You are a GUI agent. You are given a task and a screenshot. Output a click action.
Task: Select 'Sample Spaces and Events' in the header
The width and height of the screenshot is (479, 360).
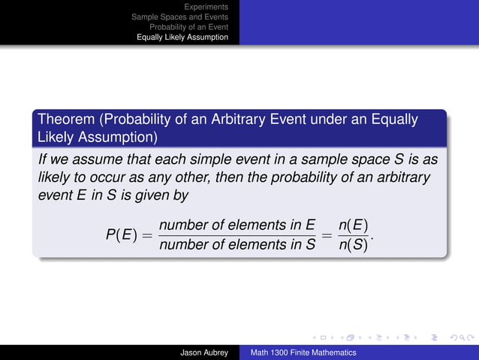179,17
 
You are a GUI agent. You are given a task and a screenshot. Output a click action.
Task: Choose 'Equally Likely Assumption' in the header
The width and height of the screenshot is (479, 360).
182,36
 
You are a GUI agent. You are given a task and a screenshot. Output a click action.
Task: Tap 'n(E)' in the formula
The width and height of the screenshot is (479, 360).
354,225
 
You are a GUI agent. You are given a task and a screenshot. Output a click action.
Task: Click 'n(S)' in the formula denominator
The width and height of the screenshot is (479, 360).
354,244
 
